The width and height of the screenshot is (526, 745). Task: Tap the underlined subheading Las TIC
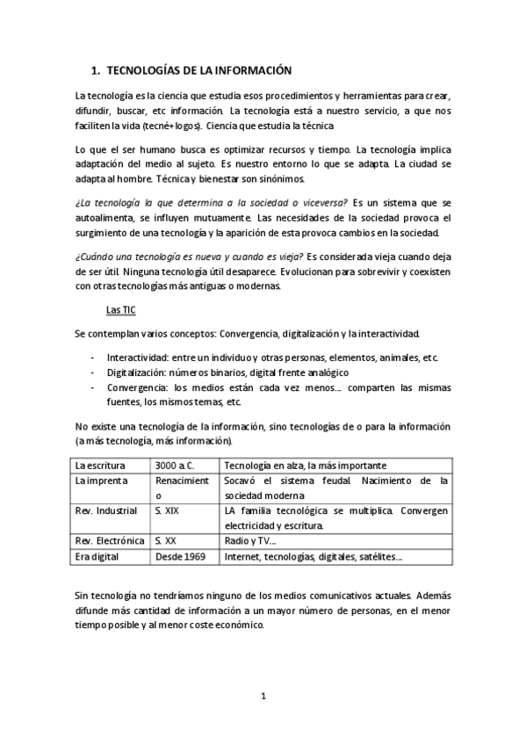click(119, 312)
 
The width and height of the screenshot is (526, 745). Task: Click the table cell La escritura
click(101, 465)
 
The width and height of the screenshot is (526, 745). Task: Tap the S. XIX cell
click(168, 510)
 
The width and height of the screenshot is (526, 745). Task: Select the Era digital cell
click(99, 556)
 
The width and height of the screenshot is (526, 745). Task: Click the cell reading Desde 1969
click(181, 556)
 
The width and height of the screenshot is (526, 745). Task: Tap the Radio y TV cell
click(259, 541)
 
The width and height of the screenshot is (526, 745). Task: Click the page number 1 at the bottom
click(263, 696)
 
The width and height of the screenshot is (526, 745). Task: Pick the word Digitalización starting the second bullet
click(137, 372)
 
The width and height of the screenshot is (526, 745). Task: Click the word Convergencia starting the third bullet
click(137, 387)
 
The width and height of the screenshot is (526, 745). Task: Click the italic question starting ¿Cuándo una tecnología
click(190, 256)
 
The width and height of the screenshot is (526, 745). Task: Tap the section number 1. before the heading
click(97, 69)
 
